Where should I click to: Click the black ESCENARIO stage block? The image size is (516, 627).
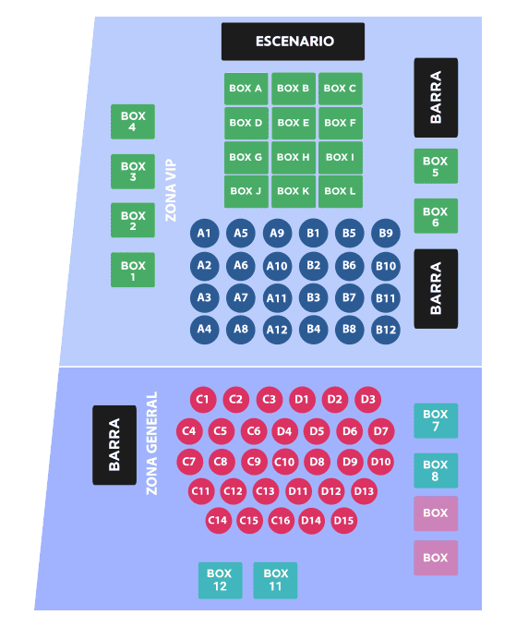point(293,42)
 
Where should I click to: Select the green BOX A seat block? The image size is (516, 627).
point(246,89)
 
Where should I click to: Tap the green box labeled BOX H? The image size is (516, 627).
point(294,157)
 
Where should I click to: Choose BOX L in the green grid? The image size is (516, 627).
point(341,191)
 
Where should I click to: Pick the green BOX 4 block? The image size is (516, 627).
point(133,122)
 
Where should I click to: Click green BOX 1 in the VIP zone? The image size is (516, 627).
point(133,270)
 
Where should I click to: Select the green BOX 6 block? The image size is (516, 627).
point(436,216)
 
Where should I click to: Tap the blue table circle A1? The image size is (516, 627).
point(204,233)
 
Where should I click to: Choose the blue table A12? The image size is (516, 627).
point(277,330)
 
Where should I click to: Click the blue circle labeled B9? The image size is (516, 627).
point(385,233)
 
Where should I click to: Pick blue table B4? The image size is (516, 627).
point(313,330)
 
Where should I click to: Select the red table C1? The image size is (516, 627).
point(203,400)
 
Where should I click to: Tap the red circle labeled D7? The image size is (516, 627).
point(381,431)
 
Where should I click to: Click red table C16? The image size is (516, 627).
point(281,521)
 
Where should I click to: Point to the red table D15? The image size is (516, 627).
point(343,521)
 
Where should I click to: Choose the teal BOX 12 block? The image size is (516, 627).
point(221,580)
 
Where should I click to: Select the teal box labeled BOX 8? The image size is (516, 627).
point(436,471)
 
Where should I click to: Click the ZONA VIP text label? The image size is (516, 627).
point(171,190)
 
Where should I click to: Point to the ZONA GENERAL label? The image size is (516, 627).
point(152,443)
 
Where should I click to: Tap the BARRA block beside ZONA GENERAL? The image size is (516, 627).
point(114,445)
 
